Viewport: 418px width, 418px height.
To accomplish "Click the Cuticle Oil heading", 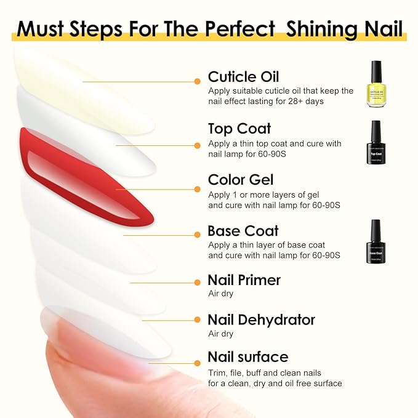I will (x=243, y=77).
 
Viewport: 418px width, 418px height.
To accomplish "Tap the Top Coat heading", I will (x=239, y=129).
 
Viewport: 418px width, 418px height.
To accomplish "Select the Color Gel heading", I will (x=241, y=180).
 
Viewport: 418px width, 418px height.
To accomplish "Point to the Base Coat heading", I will (x=243, y=231).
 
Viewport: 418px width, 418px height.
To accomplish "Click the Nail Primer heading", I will (x=244, y=281).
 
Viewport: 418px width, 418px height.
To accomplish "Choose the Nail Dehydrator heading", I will (x=261, y=320).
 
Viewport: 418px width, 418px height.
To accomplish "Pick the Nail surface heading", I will (x=247, y=357).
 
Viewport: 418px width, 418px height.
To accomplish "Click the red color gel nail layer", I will (x=86, y=172).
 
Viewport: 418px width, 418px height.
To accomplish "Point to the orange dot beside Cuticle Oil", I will (x=197, y=81).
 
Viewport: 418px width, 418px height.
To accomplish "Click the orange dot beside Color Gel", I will (x=197, y=183).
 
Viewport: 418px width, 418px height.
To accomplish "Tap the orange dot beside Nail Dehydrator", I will (x=197, y=320).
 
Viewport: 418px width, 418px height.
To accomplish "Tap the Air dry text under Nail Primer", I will (x=220, y=294).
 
